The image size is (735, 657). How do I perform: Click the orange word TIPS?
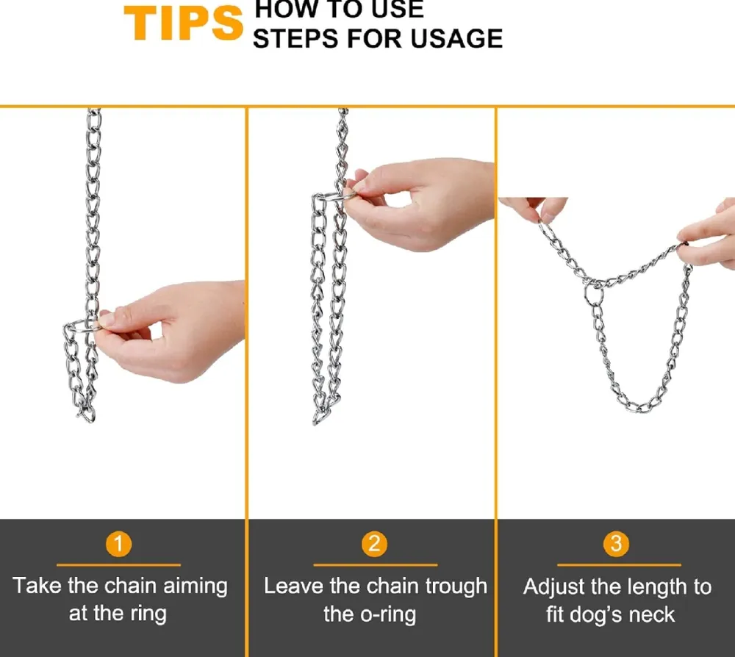(183, 24)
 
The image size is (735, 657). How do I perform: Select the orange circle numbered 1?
(118, 544)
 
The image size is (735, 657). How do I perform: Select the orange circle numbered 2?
(374, 544)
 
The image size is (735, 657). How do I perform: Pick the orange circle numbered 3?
(616, 544)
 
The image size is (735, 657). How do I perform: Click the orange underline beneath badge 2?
(375, 565)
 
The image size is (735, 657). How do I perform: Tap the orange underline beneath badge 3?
(619, 565)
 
